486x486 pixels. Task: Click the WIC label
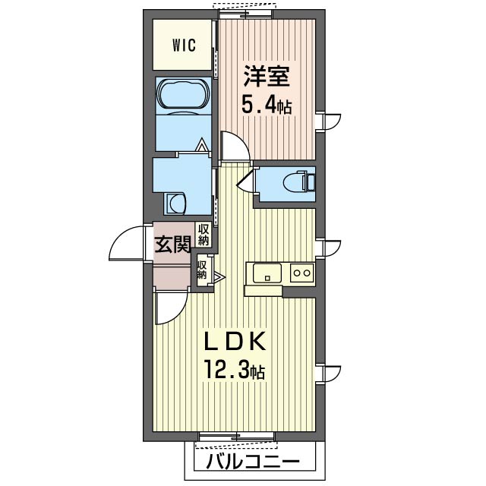tap(184, 46)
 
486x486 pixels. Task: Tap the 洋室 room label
tap(267, 76)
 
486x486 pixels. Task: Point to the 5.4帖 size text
tap(267, 106)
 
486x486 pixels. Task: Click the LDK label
tap(235, 341)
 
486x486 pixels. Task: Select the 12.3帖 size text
tap(235, 370)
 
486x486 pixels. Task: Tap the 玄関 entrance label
tap(172, 245)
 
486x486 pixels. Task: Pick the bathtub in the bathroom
tap(184, 96)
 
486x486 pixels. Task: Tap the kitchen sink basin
tap(267, 273)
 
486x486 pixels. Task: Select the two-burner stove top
tap(302, 273)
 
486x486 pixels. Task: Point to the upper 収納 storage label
tap(204, 235)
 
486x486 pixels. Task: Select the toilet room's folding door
tap(245, 181)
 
